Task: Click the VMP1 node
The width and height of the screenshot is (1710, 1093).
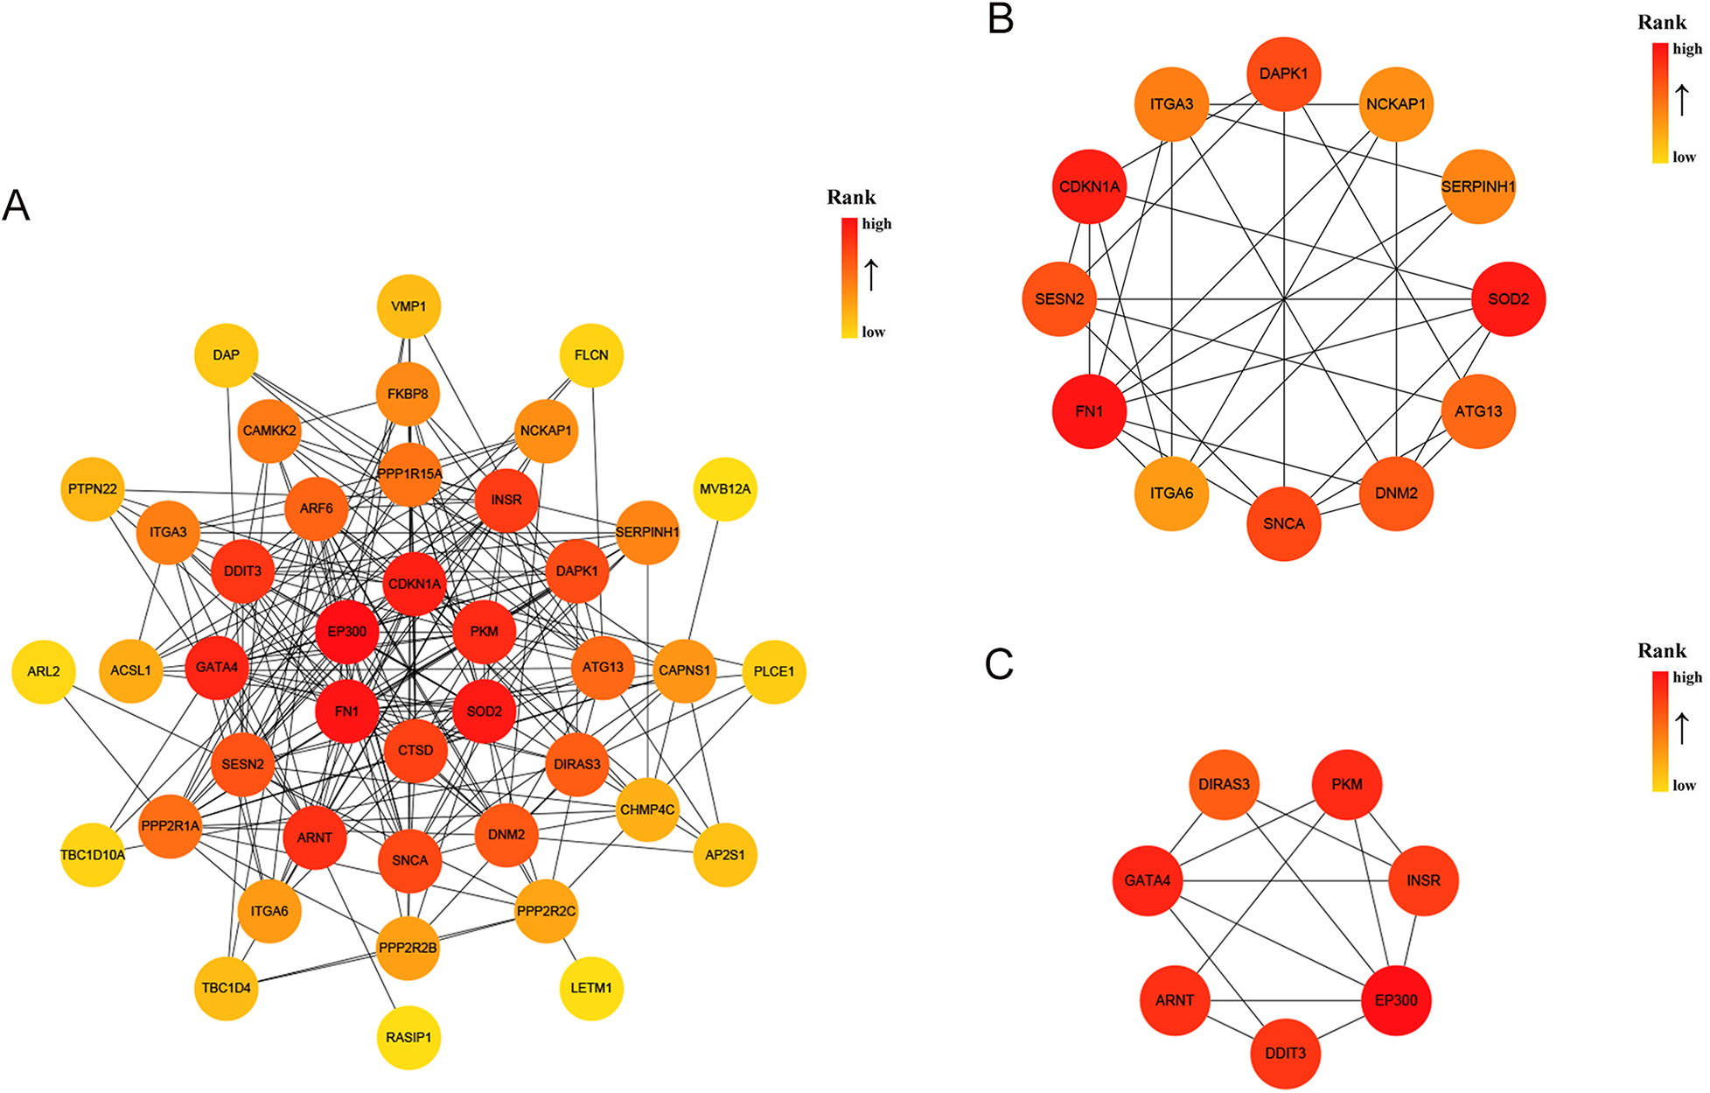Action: (x=408, y=306)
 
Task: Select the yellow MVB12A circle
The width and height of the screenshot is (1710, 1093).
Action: (x=725, y=489)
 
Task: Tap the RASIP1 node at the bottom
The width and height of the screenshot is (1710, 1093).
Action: (x=408, y=1038)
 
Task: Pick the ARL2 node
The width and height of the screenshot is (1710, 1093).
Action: (x=44, y=671)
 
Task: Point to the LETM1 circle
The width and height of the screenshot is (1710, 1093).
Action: (x=591, y=988)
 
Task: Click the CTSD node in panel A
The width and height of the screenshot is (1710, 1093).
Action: (x=415, y=751)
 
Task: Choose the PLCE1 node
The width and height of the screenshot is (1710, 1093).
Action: (x=774, y=671)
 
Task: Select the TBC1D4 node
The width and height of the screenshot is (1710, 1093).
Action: (x=227, y=988)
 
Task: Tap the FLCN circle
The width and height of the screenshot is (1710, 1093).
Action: (x=591, y=354)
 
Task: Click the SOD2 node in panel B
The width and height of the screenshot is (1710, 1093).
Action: (x=1509, y=299)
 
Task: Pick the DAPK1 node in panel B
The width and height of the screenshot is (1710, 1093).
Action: (x=1284, y=74)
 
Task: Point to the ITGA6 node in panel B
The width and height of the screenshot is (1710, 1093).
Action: (x=1172, y=494)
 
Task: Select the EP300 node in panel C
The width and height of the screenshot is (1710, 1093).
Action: (x=1396, y=1000)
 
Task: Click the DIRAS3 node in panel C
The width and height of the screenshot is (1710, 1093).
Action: (x=1225, y=785)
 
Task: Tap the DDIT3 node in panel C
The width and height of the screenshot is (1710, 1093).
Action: (x=1286, y=1054)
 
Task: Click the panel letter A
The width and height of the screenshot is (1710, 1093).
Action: (x=17, y=207)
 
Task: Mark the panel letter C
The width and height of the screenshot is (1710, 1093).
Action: (x=999, y=665)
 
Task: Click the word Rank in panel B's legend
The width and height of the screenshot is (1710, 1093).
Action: (x=1662, y=23)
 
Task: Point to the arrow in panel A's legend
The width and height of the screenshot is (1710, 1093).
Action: (x=871, y=275)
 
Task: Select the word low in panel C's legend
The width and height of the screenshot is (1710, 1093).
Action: (x=1685, y=785)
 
